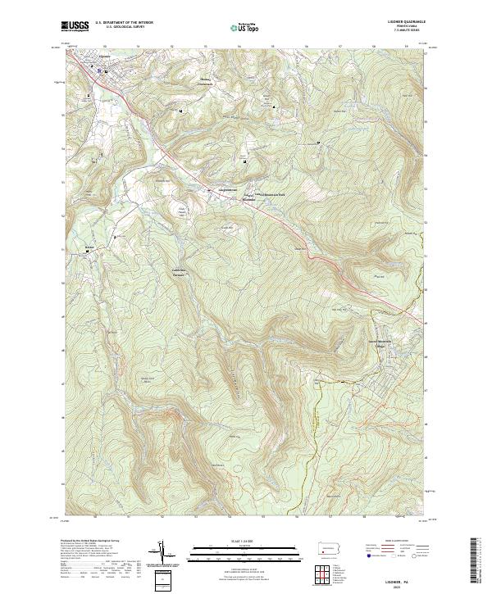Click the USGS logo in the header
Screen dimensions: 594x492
pyautogui.click(x=75, y=26)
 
